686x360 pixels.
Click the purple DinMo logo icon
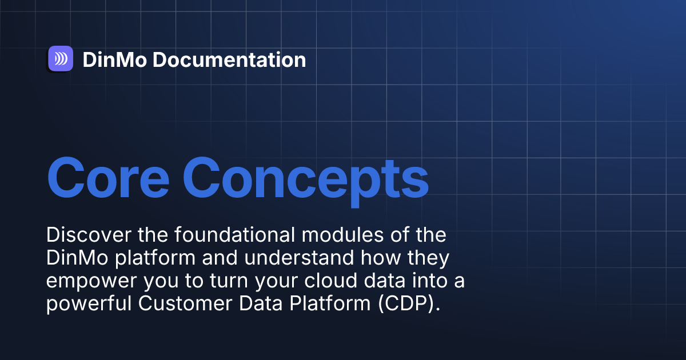pos(61,58)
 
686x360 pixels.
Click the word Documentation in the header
pos(229,59)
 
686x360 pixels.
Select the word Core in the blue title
pos(108,178)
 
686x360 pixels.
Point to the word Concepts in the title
pos(306,182)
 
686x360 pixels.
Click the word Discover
pos(89,235)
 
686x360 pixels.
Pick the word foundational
pos(234,234)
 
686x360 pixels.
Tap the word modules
pos(342,234)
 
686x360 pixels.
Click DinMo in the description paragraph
pos(78,258)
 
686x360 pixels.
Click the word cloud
pos(331,280)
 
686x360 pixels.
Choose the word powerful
pos(89,303)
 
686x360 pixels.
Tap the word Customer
pos(185,303)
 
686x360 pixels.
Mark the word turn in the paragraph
pos(229,281)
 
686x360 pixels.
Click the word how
pos(381,258)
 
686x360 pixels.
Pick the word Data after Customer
pos(261,303)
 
